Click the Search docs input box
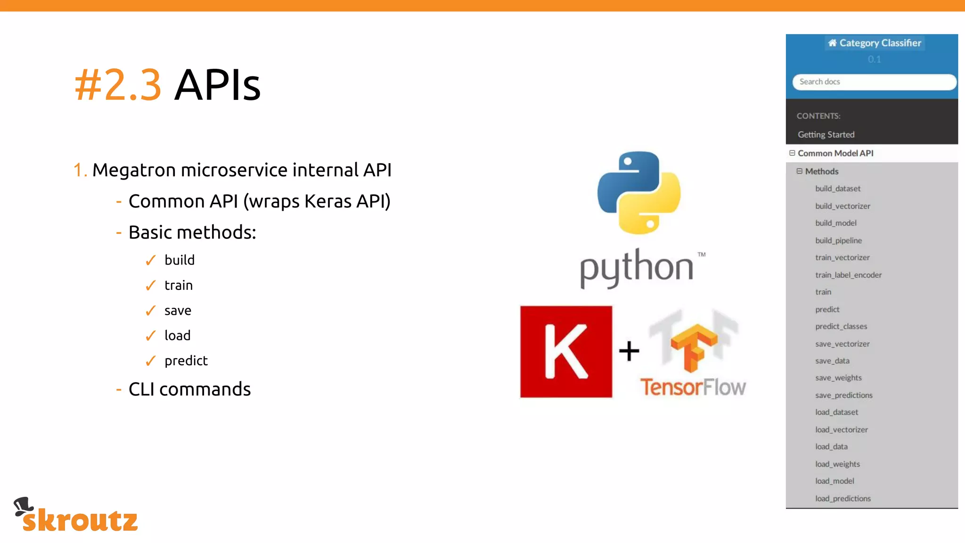[874, 82]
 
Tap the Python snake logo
[639, 192]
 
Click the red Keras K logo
[566, 352]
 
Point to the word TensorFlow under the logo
[693, 387]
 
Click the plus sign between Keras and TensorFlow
[629, 351]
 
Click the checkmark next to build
[150, 260]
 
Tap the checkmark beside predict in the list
[150, 361]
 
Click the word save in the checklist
[178, 311]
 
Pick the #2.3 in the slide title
[118, 85]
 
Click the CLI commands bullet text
[189, 389]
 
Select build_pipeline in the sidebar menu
[838, 240]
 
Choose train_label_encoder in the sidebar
[848, 275]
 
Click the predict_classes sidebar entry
[841, 326]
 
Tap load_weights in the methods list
[837, 464]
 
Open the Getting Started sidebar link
[826, 135]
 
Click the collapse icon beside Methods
[799, 171]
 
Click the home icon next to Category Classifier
[832, 43]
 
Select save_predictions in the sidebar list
[843, 395]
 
